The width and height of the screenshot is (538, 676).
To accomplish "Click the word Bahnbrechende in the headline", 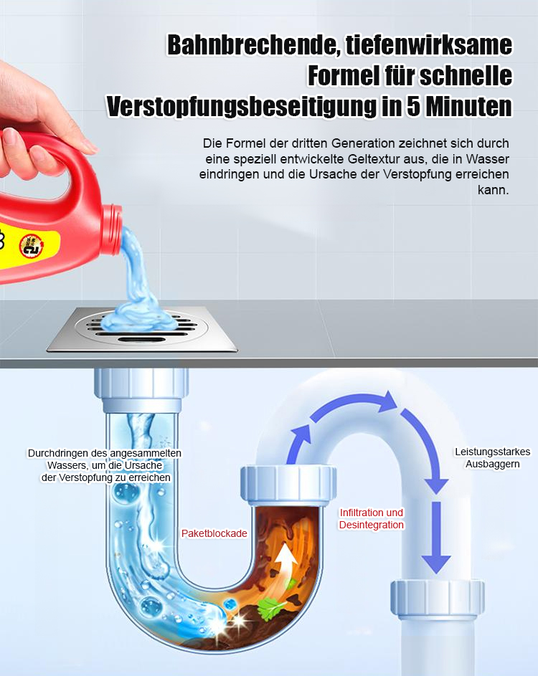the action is [253, 45].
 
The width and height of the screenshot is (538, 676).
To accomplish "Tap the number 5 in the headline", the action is [413, 107].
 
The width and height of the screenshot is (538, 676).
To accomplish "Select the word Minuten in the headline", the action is [469, 107].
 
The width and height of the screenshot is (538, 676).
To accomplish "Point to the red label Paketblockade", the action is [214, 533].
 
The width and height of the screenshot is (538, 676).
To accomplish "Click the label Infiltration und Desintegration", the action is [372, 518].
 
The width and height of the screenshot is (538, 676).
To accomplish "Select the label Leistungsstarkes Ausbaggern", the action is [492, 458].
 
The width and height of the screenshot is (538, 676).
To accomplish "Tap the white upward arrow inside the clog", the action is [285, 563].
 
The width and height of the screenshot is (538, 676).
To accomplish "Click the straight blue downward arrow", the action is [436, 537].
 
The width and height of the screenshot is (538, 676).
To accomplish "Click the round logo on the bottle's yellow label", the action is [32, 245].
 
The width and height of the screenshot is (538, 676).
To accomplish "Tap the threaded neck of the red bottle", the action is [112, 221].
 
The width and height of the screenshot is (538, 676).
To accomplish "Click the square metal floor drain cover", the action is [142, 328].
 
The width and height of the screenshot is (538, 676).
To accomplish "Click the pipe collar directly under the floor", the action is [141, 389].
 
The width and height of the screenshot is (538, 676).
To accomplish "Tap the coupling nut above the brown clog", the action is [288, 485].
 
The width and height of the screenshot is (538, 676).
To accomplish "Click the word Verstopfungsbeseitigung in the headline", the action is [241, 107].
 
